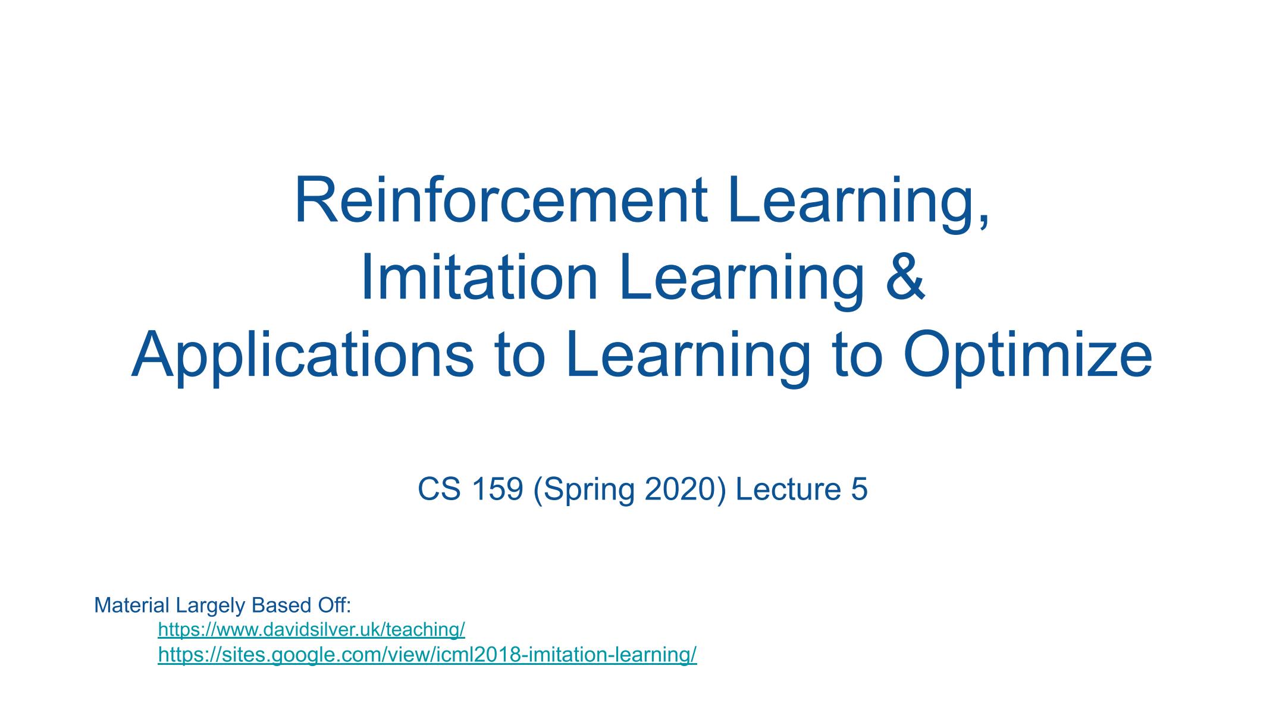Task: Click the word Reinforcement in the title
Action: click(x=501, y=200)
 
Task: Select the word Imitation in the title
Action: click(x=479, y=277)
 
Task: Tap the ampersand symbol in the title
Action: click(x=905, y=277)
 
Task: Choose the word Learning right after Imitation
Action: click(x=741, y=280)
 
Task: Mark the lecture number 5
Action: click(x=859, y=489)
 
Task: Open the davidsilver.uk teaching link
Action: click(x=311, y=629)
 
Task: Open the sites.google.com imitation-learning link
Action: click(x=427, y=655)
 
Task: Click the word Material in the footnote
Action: click(x=131, y=605)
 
